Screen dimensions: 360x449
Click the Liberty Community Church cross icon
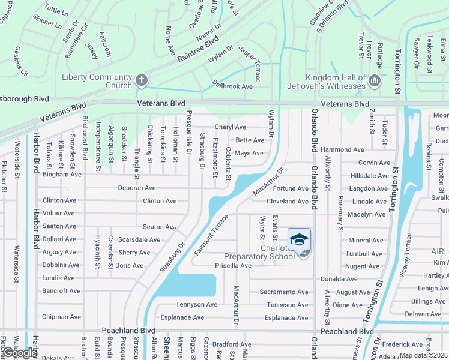point(141,80)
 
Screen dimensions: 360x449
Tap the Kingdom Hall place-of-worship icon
point(375,80)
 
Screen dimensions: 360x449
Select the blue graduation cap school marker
point(299,240)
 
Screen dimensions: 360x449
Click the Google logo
point(20,353)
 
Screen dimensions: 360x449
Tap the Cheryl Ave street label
point(231,127)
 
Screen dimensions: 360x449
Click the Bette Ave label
point(250,140)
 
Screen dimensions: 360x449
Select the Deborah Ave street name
point(137,188)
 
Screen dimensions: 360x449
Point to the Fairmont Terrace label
point(211,235)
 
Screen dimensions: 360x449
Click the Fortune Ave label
point(291,188)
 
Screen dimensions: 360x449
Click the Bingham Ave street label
point(61,175)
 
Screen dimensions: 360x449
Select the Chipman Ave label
point(61,317)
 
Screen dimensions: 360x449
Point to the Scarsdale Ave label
point(139,239)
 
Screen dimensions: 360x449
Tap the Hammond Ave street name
point(342,149)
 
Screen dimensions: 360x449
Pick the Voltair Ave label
point(58,213)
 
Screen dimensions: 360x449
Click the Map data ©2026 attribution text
point(423,355)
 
